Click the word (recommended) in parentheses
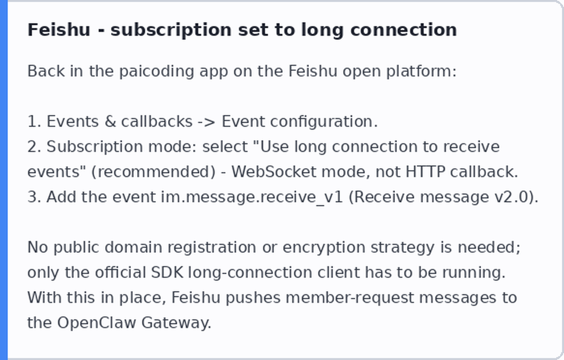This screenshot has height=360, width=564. pyautogui.click(x=153, y=172)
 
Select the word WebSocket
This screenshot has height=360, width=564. pyautogui.click(x=274, y=172)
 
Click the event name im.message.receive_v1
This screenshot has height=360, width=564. pyautogui.click(x=252, y=197)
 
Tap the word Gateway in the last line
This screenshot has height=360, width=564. pyautogui.click(x=176, y=323)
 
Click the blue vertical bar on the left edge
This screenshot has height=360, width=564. pyautogui.click(x=3, y=180)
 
